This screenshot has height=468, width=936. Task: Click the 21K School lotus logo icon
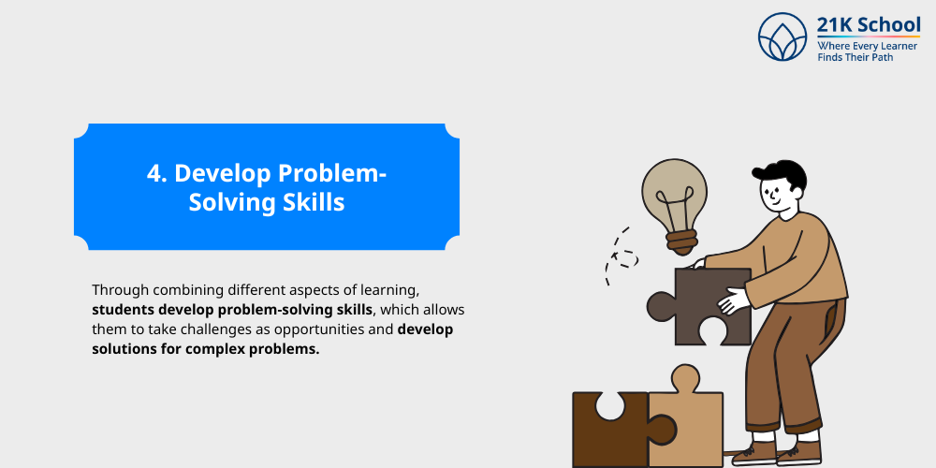coord(782,37)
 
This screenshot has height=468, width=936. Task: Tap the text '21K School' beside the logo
coord(869,25)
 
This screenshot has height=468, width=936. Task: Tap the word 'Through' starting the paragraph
coord(120,290)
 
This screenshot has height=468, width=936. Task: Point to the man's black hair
coord(782,174)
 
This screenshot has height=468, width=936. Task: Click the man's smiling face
coord(776,197)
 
